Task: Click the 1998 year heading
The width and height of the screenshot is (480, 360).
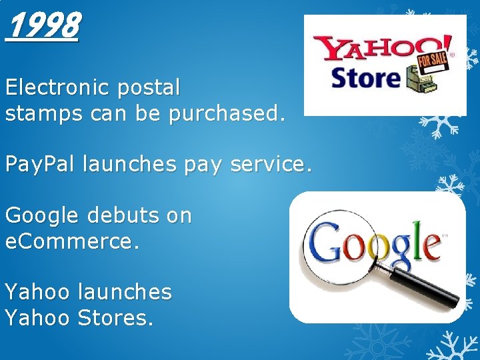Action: coord(42,27)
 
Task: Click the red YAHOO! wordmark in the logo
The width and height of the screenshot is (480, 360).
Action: coord(373,49)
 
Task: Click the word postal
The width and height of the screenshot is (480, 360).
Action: coord(151,87)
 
